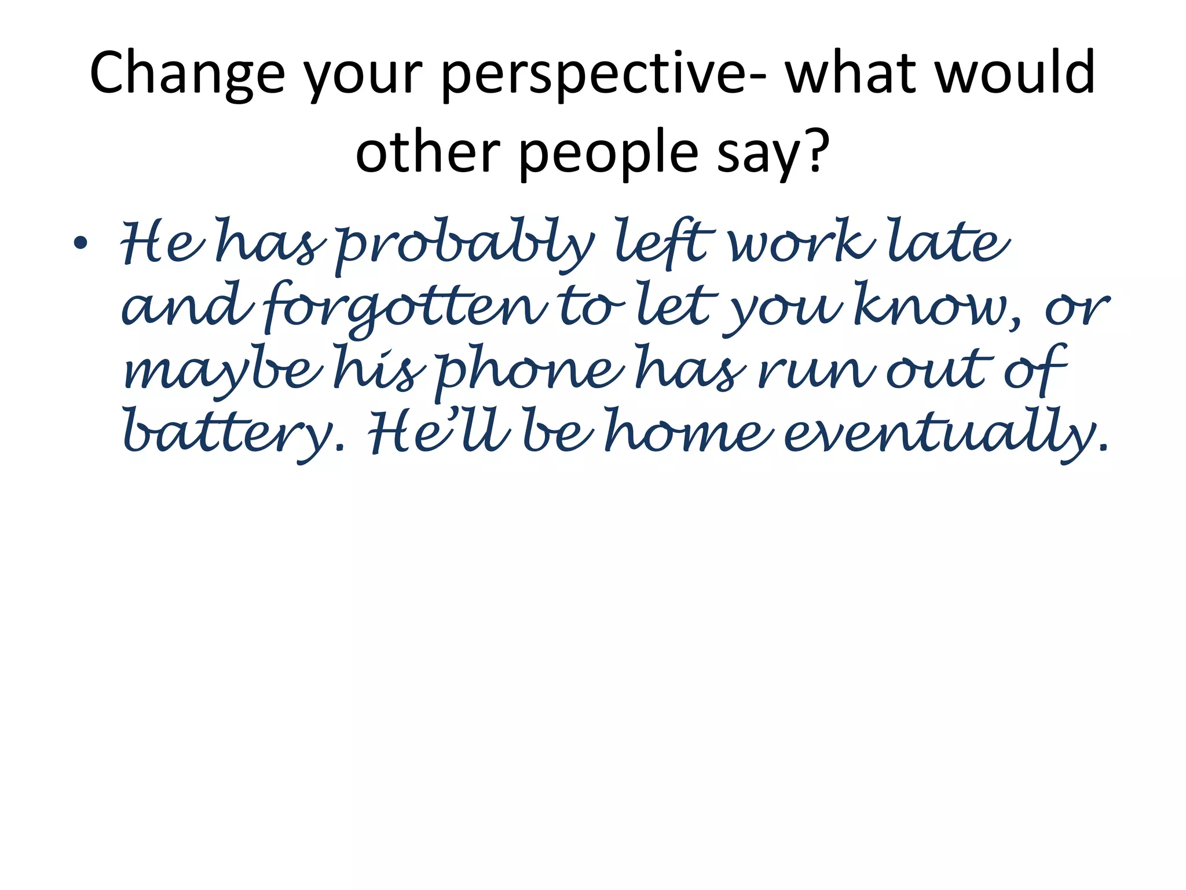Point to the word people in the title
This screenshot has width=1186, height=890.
tap(609, 154)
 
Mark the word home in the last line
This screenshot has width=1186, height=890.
tap(689, 432)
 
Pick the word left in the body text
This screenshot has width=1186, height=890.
tap(661, 243)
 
